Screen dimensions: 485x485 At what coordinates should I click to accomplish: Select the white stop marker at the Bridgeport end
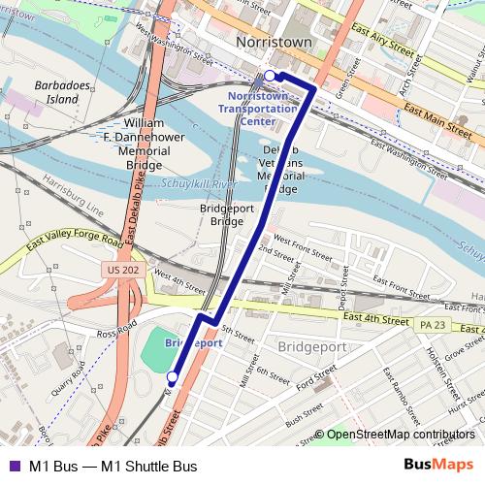173,376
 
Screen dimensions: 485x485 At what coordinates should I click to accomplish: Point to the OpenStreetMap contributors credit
400,436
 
